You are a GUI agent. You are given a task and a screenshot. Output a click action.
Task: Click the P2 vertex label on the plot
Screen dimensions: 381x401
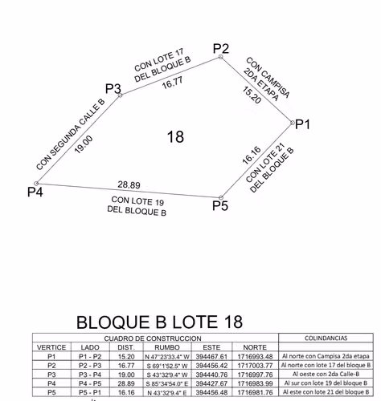point(221,49)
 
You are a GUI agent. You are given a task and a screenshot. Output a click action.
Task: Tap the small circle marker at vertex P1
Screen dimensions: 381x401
point(292,123)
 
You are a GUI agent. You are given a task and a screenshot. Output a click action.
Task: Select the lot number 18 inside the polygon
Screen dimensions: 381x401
point(175,136)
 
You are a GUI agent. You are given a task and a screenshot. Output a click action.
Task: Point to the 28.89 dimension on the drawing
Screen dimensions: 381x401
point(129,184)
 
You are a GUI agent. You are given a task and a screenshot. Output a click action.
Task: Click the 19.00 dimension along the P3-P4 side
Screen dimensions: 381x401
point(84,144)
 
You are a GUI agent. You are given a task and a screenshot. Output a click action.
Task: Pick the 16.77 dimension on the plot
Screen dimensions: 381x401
point(173,83)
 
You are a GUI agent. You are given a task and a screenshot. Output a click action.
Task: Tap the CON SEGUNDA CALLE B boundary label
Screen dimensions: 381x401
point(71,135)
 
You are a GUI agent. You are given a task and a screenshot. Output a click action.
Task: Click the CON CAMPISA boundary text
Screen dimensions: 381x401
point(268,77)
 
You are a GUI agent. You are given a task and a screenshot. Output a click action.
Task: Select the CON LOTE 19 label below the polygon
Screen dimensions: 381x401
point(137,200)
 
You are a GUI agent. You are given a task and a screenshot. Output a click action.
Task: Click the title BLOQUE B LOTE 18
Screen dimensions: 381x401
point(160,322)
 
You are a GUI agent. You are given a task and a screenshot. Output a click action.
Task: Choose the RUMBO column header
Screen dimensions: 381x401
point(167,347)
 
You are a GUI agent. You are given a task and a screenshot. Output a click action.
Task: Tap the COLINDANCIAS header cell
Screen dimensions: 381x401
point(326,338)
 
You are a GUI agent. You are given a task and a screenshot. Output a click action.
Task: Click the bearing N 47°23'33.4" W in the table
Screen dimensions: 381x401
point(167,357)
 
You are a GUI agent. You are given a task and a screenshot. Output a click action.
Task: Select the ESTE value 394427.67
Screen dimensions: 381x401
point(211,383)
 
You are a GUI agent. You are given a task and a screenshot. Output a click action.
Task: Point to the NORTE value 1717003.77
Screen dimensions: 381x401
point(255,365)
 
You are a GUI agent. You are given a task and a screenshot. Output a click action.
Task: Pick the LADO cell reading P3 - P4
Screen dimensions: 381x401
point(90,375)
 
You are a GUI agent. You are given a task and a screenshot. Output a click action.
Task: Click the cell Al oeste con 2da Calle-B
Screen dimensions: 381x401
point(326,374)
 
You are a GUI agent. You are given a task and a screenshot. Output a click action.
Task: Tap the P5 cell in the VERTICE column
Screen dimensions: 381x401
point(51,392)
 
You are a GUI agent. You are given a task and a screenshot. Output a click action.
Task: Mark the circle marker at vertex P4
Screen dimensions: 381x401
point(36,184)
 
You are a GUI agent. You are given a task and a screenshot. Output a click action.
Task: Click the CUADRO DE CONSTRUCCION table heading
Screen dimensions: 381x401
point(153,338)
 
